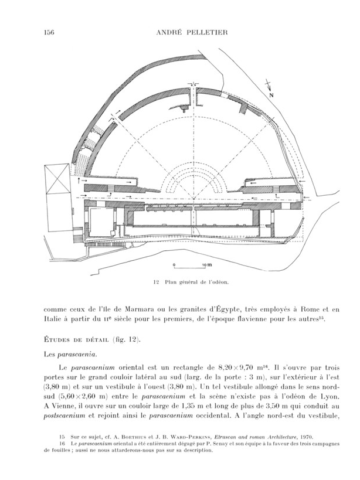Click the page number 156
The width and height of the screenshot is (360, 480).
coord(49,33)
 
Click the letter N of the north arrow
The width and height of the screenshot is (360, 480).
coord(270,94)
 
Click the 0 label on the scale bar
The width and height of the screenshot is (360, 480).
coord(173,265)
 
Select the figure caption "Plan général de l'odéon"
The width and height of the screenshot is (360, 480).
coord(194,282)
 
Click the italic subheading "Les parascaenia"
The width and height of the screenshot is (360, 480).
coord(69,354)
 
